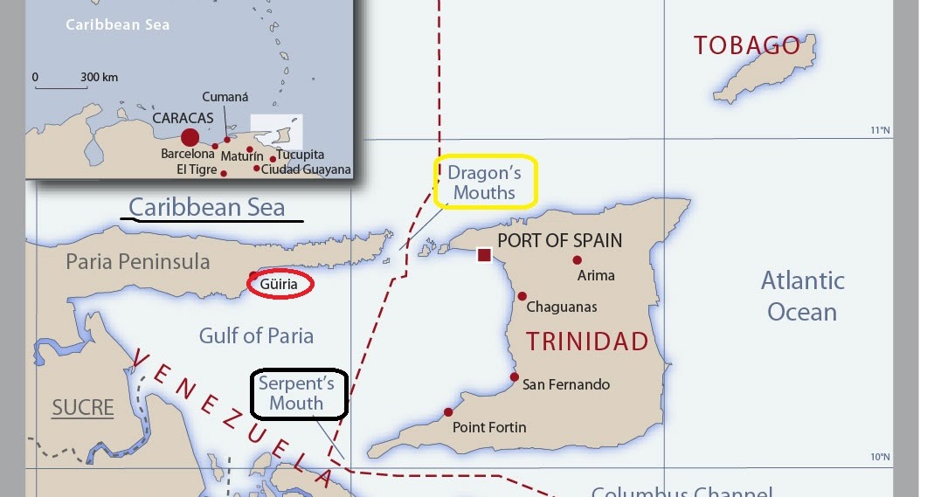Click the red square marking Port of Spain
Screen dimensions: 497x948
(x=484, y=255)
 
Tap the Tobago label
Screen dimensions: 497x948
(x=746, y=45)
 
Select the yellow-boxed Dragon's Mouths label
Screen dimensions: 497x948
(x=485, y=183)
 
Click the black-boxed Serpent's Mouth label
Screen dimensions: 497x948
(x=299, y=393)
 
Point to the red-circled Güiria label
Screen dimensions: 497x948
(x=280, y=284)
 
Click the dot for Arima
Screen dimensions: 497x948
(x=577, y=259)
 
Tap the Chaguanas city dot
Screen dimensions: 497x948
(x=522, y=296)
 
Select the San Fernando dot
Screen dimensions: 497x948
(x=515, y=376)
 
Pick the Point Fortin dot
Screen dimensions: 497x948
(x=448, y=412)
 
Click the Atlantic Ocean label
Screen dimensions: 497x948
(x=802, y=296)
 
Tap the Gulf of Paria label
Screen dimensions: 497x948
(x=256, y=335)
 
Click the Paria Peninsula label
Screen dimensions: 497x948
(x=138, y=261)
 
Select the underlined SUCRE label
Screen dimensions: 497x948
(x=83, y=407)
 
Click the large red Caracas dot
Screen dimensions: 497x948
(x=190, y=137)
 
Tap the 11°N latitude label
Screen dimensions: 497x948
(x=879, y=131)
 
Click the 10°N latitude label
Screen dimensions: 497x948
(x=879, y=457)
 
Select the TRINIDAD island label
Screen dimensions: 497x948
(x=586, y=341)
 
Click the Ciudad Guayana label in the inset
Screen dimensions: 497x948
(x=306, y=169)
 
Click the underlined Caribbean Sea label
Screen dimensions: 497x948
(x=207, y=207)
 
